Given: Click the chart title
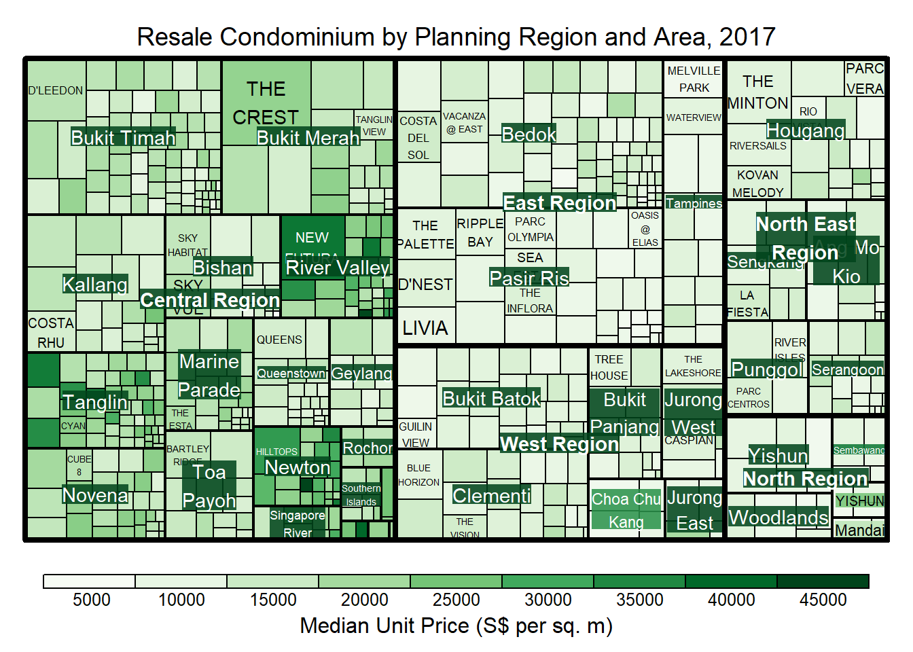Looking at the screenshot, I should [456, 37].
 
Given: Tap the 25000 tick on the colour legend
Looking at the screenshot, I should [456, 600].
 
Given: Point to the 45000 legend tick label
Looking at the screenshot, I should [823, 600].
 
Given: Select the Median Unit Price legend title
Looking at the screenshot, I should [456, 626].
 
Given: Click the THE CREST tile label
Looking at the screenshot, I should [266, 103].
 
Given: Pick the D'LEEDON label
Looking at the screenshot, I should [56, 90].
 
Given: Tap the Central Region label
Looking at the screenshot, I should [210, 300].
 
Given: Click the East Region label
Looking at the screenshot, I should [559, 203].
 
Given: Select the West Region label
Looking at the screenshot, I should [559, 444].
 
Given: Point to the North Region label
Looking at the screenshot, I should [805, 479].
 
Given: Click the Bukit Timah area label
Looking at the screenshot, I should [123, 138].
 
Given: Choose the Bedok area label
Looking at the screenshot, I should [529, 134].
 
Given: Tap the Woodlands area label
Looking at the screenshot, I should [778, 518].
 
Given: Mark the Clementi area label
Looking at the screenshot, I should [491, 496].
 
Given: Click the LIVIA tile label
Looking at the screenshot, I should [425, 328].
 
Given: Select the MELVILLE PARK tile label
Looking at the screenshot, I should [694, 79].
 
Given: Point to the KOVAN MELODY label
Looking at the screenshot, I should [757, 183].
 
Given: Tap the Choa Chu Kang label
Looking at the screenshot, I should [626, 510].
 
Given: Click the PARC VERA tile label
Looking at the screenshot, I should [865, 79].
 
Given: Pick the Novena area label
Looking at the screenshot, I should [95, 495].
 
